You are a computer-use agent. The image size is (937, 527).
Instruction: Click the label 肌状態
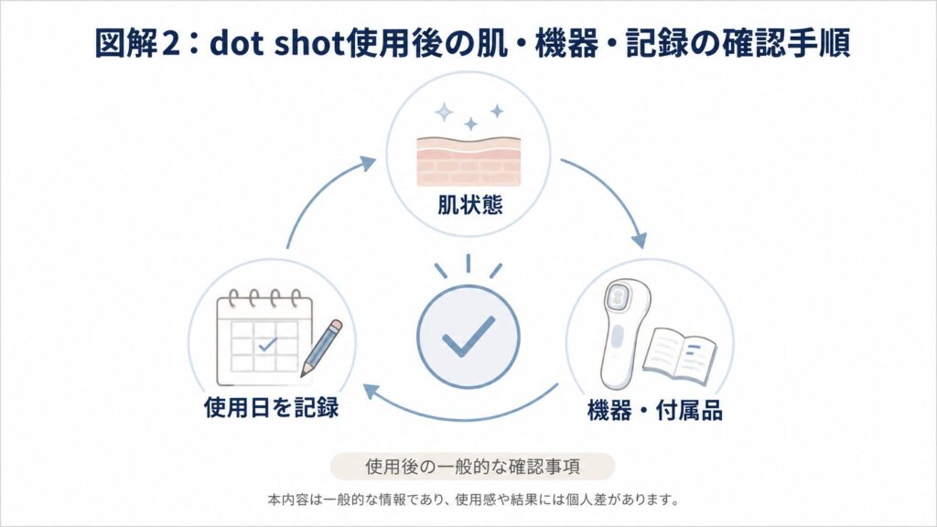click(x=469, y=205)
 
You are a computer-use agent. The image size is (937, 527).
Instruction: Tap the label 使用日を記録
click(x=271, y=407)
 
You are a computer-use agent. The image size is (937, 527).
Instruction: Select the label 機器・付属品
click(x=655, y=411)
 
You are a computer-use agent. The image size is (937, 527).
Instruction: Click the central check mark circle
click(x=468, y=338)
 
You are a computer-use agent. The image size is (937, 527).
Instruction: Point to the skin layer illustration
click(x=468, y=161)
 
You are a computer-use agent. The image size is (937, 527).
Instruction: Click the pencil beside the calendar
click(x=321, y=348)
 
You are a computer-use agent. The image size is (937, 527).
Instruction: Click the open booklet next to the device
click(x=680, y=354)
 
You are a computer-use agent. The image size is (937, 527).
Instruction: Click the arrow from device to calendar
click(x=463, y=413)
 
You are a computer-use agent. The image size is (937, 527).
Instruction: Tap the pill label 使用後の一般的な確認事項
click(x=472, y=466)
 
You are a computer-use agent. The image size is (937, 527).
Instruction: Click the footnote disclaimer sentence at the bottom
click(x=473, y=500)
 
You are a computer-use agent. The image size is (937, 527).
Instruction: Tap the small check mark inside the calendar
click(x=267, y=344)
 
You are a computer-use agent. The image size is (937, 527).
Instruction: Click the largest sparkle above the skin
click(x=444, y=112)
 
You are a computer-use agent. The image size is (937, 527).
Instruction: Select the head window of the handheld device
click(x=619, y=296)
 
